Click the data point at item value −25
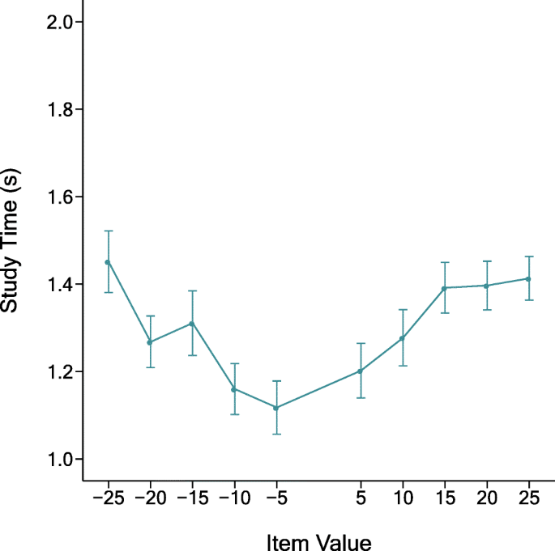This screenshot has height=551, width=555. point(107,261)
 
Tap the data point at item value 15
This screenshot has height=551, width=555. point(445,288)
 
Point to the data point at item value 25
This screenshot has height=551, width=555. point(529,278)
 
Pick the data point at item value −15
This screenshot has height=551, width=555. point(191,323)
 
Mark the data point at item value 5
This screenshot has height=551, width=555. point(361,371)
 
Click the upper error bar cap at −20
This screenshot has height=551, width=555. point(149,316)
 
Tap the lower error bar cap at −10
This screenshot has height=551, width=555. point(233,414)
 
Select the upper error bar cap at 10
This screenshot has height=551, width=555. point(403,309)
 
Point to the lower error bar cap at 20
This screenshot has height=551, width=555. point(487,310)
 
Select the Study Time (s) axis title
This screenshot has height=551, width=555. point(11,241)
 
